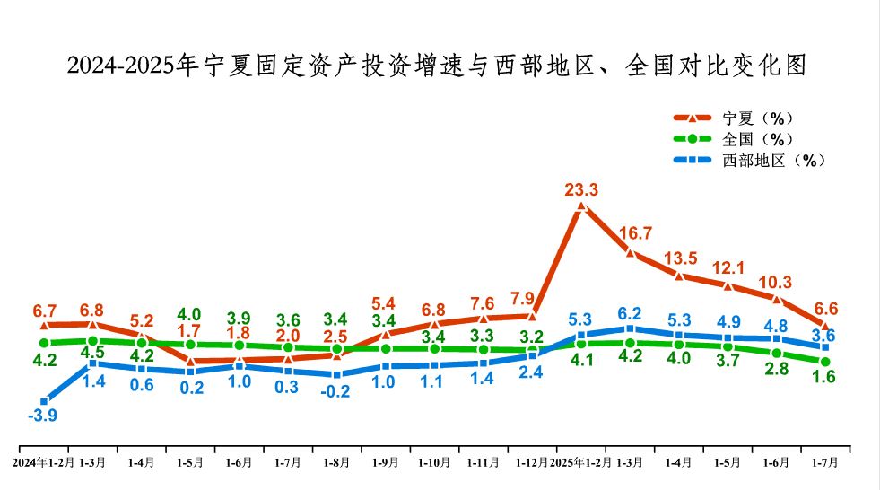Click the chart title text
click(x=439, y=66)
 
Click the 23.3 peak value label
click(x=581, y=189)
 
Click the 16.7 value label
click(x=635, y=233)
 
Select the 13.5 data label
click(x=680, y=258)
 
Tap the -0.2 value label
click(x=335, y=391)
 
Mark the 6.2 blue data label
click(x=631, y=313)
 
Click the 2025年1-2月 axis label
click(x=581, y=462)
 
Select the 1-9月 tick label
click(x=386, y=462)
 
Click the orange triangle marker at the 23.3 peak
click(x=581, y=206)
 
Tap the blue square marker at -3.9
click(x=44, y=402)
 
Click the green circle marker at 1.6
click(x=825, y=362)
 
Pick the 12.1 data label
click(x=728, y=268)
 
